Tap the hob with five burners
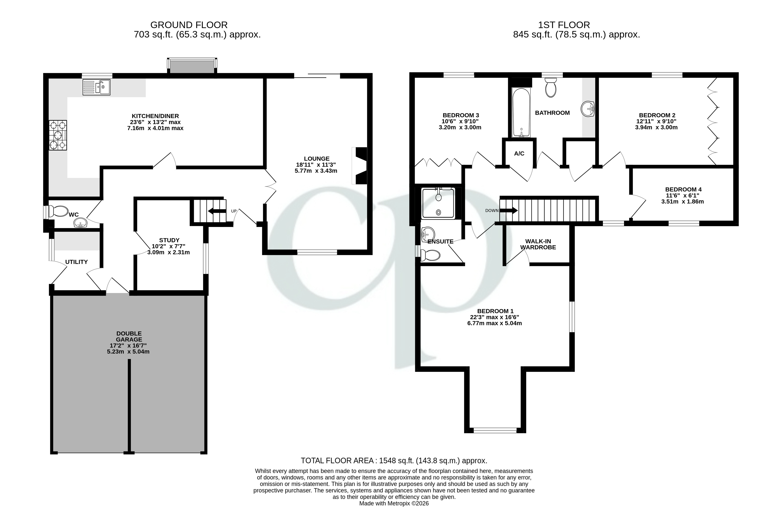click(58, 135)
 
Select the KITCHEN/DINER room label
click(155, 116)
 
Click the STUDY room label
click(169, 240)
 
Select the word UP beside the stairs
click(234, 211)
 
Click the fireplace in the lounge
click(359, 166)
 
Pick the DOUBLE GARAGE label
click(129, 336)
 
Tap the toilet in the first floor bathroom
click(551, 87)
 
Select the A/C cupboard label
click(519, 153)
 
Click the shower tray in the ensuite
click(438, 204)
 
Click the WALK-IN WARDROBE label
click(538, 244)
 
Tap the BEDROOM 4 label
click(683, 189)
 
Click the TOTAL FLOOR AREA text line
click(394, 460)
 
